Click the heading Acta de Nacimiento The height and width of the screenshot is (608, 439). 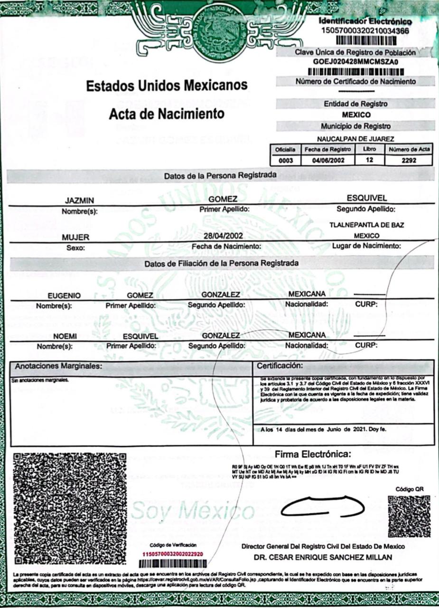(167, 114)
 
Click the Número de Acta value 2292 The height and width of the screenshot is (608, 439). (409, 161)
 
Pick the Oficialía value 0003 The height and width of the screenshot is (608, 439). (286, 161)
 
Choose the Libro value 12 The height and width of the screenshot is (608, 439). (369, 160)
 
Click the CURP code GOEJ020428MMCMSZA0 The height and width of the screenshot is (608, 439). (356, 61)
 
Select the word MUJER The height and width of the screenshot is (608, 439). (76, 237)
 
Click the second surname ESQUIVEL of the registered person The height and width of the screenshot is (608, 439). (367, 198)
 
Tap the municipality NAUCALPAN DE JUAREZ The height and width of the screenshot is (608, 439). (355, 139)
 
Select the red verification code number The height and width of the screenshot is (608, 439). (173, 554)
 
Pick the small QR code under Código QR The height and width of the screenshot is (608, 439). (409, 516)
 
